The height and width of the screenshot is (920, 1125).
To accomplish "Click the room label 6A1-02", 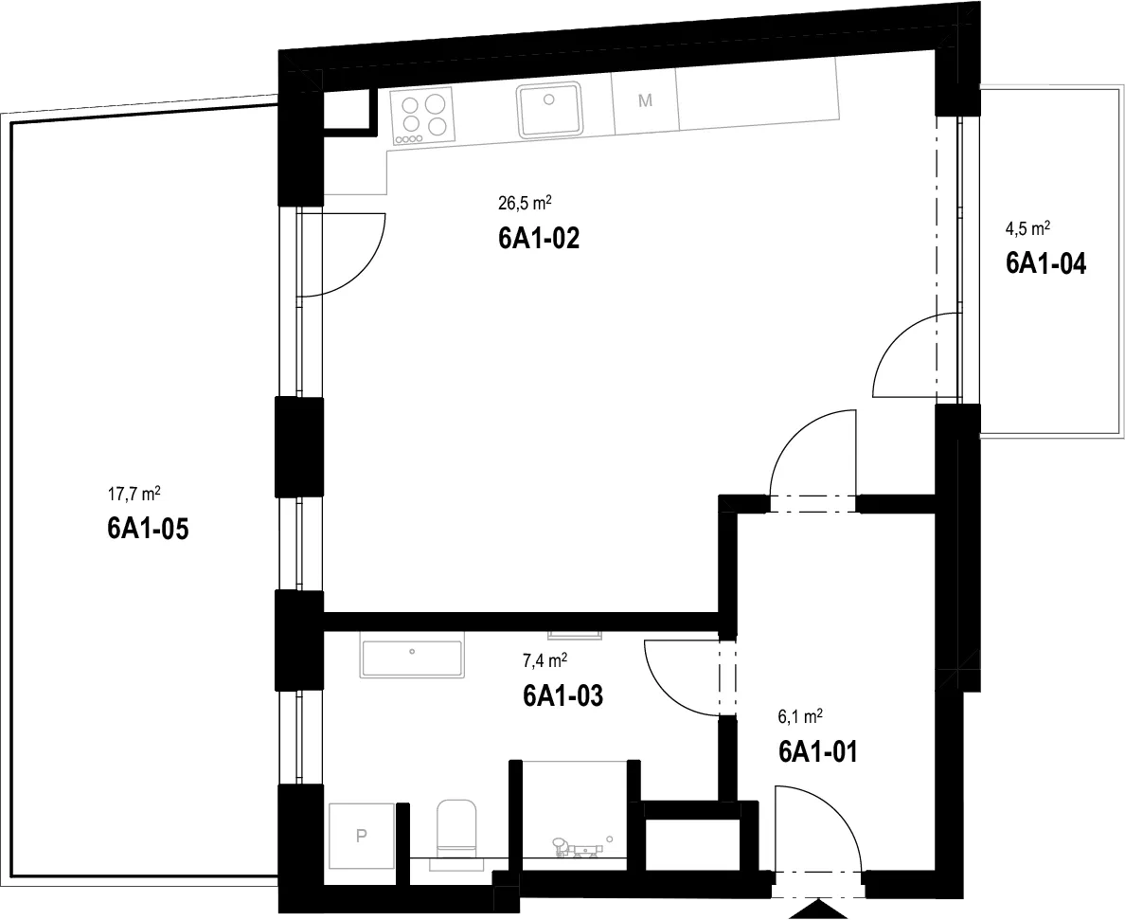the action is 538,238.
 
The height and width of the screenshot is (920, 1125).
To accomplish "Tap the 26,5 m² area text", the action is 525,203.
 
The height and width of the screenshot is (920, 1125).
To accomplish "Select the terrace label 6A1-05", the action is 148,529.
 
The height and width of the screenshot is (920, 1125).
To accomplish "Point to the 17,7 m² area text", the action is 134,494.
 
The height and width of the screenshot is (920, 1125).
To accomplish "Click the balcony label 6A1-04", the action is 1046,263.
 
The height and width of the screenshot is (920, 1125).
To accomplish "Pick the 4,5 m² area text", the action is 1027,229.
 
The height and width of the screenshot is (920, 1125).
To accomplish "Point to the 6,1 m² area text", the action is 800,716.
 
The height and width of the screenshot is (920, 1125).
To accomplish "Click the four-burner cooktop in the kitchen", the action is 423,118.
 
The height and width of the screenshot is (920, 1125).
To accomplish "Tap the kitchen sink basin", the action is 549,109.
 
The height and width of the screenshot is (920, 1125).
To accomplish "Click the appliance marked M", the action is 645,101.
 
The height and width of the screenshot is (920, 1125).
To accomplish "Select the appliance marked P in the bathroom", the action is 362,836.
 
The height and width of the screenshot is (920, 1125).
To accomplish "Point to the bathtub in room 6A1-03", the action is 412,658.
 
